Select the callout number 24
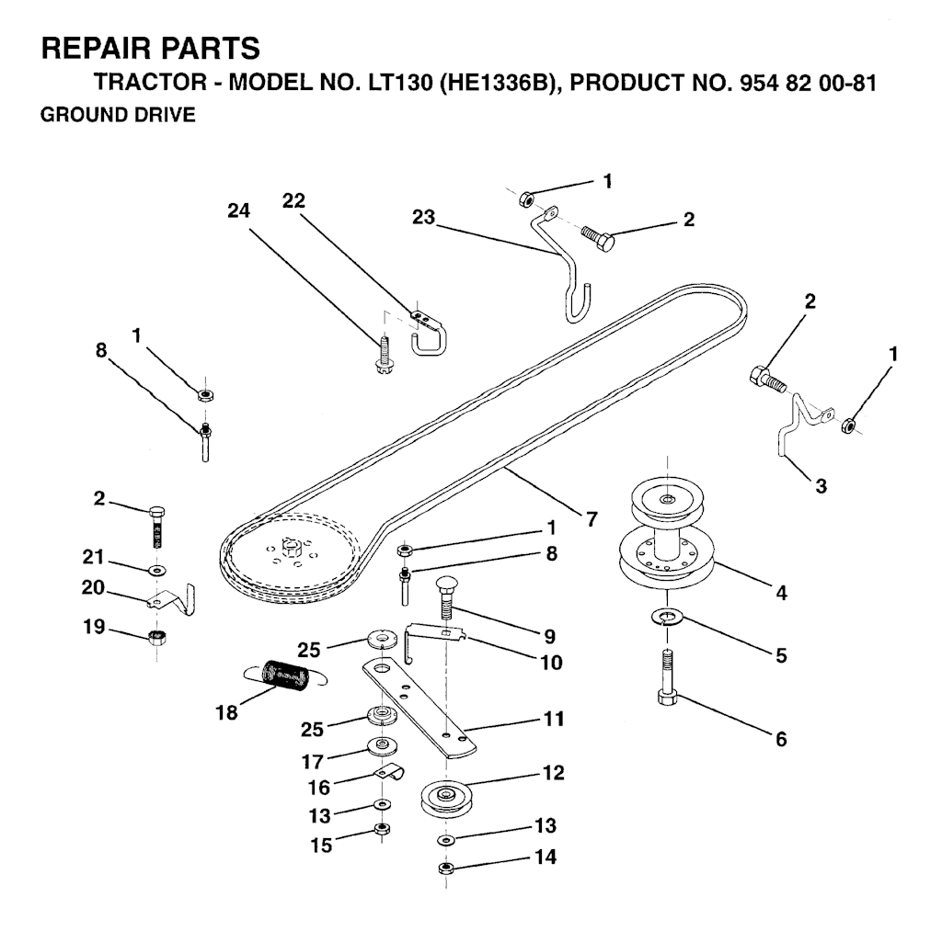239,210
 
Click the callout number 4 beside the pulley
781,594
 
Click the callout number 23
425,218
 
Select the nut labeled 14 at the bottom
445,867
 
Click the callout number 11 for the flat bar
553,719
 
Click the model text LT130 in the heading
395,83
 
